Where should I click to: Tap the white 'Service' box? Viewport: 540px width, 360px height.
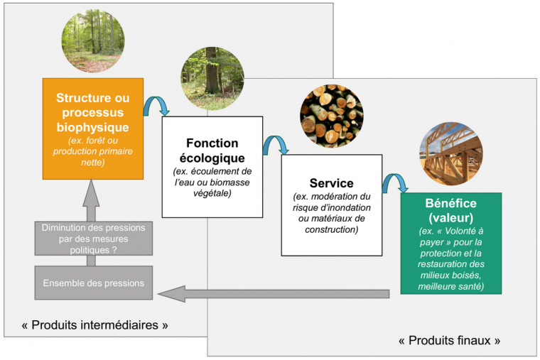(x=331, y=204)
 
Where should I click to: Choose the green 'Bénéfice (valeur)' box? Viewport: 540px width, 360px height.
(x=450, y=242)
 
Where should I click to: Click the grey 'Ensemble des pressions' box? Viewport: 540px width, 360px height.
(x=94, y=283)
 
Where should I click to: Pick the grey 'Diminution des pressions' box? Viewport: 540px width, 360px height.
(x=94, y=239)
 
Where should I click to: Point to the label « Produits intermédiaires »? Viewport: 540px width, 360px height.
(x=94, y=325)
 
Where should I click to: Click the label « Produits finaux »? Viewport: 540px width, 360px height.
(x=449, y=340)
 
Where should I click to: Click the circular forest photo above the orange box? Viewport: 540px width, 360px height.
(x=93, y=41)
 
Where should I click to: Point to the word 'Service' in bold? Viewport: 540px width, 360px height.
(x=331, y=183)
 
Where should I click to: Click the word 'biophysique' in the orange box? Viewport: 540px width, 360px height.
(x=93, y=127)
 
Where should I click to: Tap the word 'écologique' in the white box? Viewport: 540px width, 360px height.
(x=212, y=158)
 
